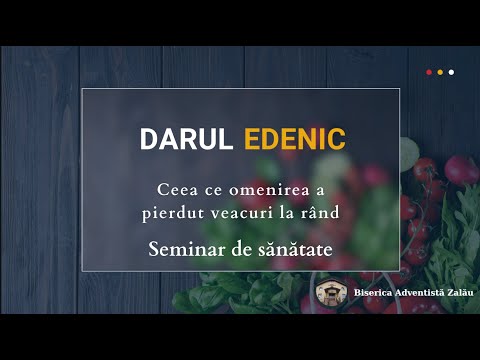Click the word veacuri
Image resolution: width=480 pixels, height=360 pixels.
point(236,212)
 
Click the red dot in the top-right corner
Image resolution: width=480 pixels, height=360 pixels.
point(429,72)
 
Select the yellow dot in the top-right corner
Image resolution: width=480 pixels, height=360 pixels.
point(440,72)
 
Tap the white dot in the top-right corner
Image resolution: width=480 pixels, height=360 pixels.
point(451,72)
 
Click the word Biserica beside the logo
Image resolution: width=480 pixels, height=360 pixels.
point(371,294)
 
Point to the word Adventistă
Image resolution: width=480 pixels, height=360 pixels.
point(414,294)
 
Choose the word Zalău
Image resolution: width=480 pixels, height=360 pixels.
point(456,294)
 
